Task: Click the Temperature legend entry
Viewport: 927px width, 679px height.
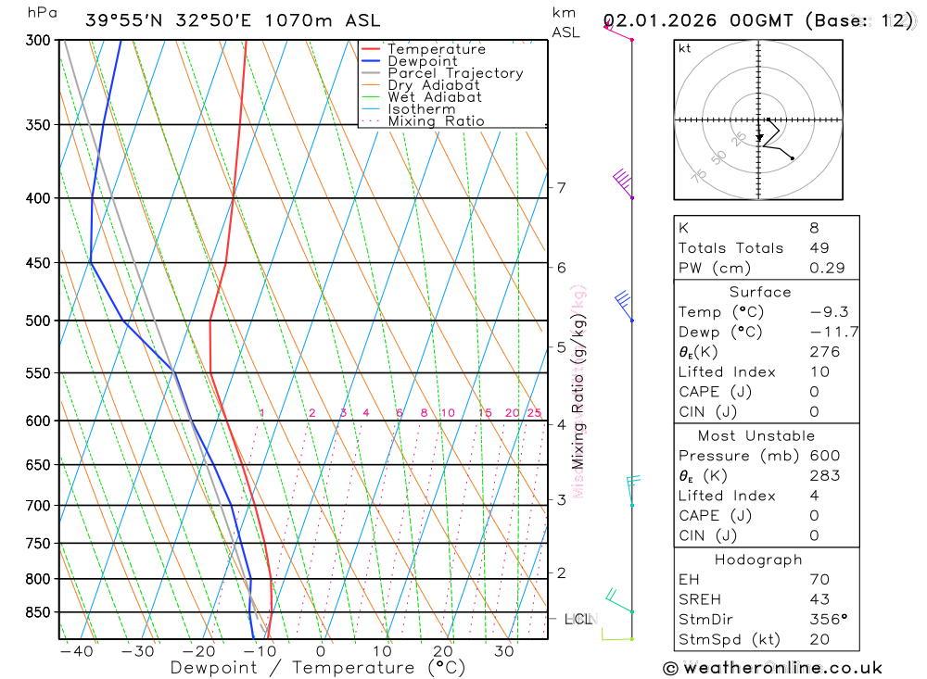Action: click(436, 49)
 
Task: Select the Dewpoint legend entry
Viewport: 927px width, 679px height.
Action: click(423, 61)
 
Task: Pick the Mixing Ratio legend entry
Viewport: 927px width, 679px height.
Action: click(436, 121)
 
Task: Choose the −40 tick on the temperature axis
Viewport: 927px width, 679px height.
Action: click(76, 651)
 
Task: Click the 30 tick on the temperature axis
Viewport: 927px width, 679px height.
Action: click(504, 651)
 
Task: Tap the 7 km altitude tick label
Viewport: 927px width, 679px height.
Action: click(561, 188)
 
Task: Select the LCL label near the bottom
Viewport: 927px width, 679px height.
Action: click(579, 618)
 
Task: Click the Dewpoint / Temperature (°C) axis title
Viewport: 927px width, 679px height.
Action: click(318, 668)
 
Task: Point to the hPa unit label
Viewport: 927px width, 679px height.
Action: click(41, 13)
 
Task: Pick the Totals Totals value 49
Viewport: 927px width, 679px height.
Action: click(819, 247)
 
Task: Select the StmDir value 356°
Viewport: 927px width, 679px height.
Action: click(827, 620)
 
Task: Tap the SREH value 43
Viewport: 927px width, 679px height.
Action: click(819, 599)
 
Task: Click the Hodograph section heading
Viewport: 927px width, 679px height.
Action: click(759, 560)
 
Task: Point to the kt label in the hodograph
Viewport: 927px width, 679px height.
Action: click(684, 48)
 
